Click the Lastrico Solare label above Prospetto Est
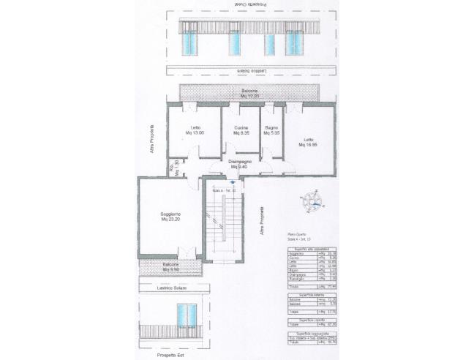pos(173,288)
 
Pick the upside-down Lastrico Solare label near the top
pos(250,71)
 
